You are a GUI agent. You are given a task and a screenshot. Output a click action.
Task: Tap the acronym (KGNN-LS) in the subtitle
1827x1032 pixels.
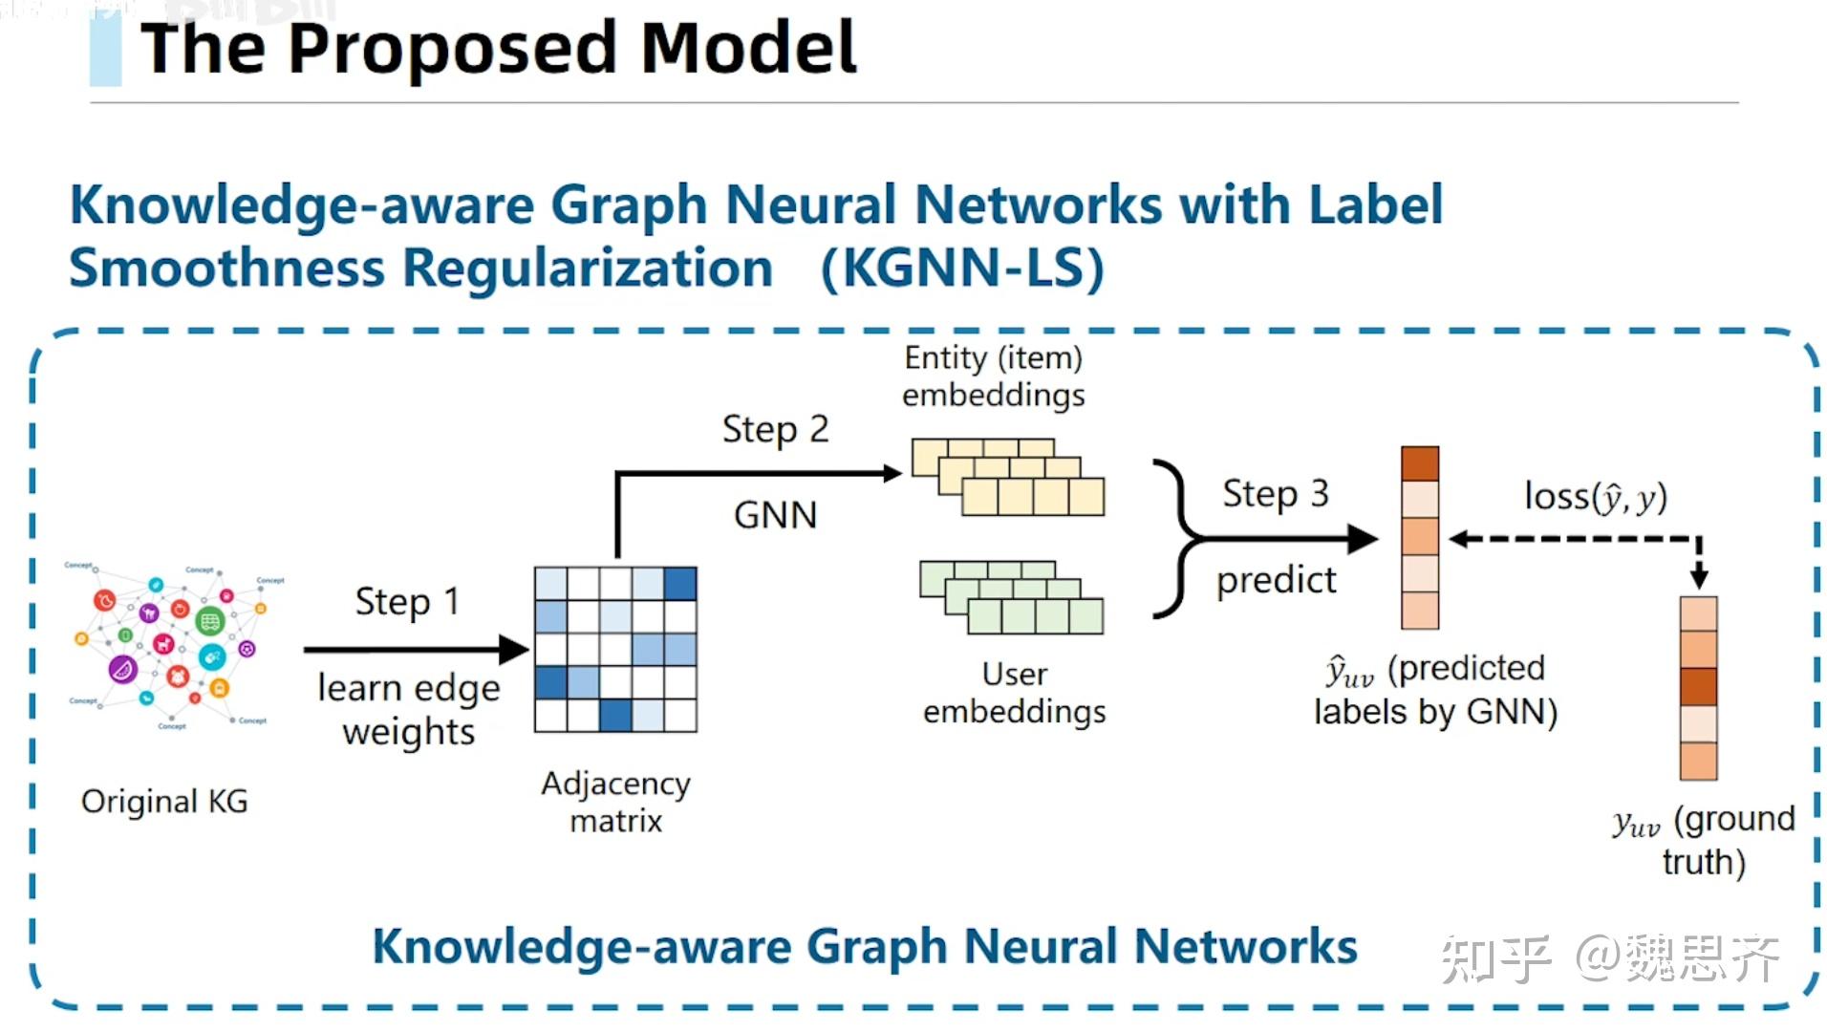click(x=961, y=268)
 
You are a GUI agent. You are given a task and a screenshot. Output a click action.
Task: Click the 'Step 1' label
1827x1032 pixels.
click(x=407, y=602)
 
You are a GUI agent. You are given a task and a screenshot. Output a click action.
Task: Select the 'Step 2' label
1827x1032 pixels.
click(x=775, y=429)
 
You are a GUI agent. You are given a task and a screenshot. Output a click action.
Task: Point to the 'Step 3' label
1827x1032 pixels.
click(x=1276, y=494)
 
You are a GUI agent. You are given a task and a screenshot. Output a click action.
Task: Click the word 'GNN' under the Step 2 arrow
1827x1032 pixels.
click(x=775, y=515)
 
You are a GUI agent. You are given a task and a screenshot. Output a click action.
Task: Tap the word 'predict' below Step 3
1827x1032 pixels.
click(x=1276, y=580)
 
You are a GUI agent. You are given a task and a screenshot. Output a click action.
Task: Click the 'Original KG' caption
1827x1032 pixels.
click(x=164, y=801)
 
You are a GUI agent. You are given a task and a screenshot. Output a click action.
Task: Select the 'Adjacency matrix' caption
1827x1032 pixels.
click(x=615, y=801)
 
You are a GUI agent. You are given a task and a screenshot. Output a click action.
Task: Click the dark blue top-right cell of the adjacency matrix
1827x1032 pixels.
click(x=679, y=583)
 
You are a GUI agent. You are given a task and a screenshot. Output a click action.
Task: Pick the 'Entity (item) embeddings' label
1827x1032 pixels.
click(x=993, y=376)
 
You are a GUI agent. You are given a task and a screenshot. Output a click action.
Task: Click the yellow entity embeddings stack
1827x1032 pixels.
click(x=1008, y=478)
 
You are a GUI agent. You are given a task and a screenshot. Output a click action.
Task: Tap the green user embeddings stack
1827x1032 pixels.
click(x=1012, y=598)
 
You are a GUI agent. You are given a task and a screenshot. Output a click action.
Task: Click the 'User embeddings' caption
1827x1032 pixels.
click(x=1014, y=693)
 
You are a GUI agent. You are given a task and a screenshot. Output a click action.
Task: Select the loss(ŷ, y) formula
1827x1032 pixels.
click(x=1595, y=497)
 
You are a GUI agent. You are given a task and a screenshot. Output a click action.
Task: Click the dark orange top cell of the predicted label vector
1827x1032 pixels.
click(x=1419, y=463)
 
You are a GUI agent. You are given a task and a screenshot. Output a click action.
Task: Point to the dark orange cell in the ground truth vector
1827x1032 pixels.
click(x=1698, y=686)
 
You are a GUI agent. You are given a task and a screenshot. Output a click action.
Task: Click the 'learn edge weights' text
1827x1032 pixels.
click(x=408, y=710)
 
